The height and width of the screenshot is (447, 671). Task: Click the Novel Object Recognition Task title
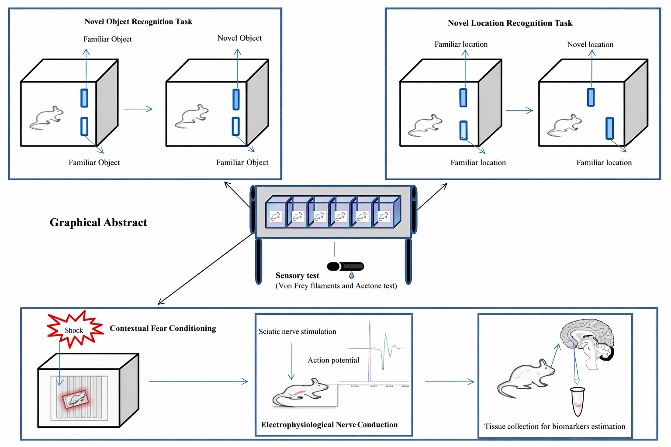point(138,21)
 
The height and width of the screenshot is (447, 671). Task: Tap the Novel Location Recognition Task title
point(510,23)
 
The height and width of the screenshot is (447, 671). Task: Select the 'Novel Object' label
point(239,38)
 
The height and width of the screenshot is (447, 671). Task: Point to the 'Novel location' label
point(590,45)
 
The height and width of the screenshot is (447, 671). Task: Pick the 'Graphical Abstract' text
point(98,223)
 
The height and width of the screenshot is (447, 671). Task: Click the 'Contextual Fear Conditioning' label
point(163,328)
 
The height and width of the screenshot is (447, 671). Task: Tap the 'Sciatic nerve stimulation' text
point(297,332)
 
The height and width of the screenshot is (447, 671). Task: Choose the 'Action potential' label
point(333,360)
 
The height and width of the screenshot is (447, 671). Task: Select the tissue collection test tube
point(578,402)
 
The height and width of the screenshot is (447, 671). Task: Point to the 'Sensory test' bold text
point(297,275)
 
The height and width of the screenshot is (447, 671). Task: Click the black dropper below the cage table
point(346,266)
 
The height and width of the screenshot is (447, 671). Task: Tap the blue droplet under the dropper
point(351,275)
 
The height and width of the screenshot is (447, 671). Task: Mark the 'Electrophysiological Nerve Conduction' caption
point(329,425)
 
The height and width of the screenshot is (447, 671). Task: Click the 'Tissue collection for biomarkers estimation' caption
point(554,426)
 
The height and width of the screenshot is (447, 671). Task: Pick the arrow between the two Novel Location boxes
point(519,110)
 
